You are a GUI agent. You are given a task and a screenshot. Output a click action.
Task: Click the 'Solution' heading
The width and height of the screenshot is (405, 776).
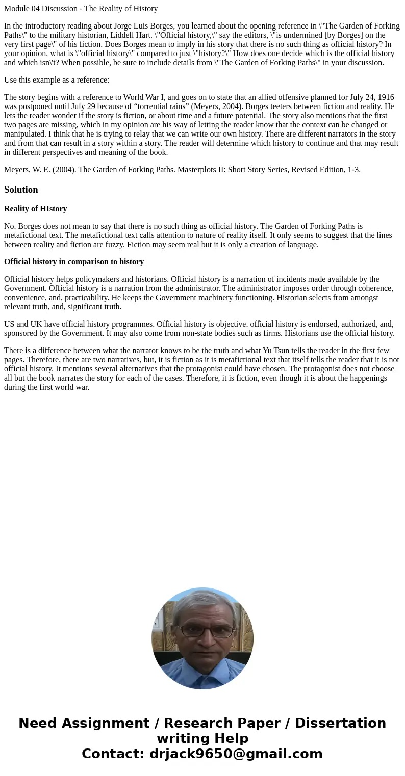tap(21, 190)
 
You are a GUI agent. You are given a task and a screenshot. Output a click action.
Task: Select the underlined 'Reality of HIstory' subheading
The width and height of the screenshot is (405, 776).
tap(36, 209)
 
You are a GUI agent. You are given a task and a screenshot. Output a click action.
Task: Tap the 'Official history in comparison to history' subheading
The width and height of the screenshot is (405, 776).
tap(74, 262)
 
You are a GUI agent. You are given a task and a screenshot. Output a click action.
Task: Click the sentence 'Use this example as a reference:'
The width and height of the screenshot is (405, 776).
tap(57, 80)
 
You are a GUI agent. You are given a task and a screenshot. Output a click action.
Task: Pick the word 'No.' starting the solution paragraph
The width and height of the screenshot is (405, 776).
tap(10, 226)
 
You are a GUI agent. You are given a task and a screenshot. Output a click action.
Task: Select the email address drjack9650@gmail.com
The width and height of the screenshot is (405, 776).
tap(236, 754)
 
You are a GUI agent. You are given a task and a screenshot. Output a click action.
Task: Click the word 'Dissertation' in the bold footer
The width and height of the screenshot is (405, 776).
tap(340, 723)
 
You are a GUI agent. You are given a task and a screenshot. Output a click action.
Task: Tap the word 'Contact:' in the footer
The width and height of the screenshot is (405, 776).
tap(113, 754)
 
